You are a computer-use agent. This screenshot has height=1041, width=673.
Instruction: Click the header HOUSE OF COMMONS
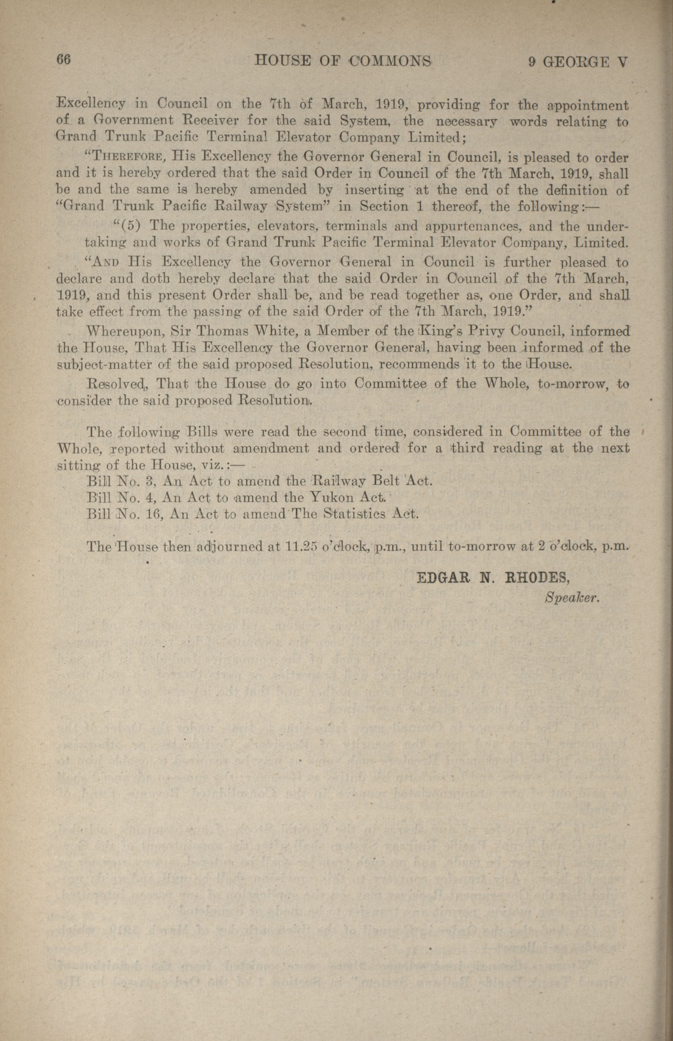[x=343, y=62]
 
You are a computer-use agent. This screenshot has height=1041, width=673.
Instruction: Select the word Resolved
[x=117, y=384]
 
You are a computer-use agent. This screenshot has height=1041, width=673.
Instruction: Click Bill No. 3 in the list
[x=119, y=481]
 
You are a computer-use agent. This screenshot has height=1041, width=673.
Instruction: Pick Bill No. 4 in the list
[x=119, y=497]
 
